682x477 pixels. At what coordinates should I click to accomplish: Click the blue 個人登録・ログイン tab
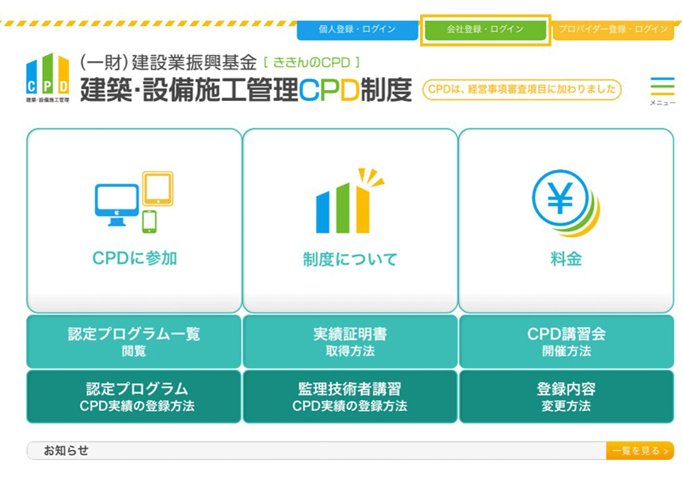(357, 29)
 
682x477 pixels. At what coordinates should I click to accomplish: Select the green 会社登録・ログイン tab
(485, 29)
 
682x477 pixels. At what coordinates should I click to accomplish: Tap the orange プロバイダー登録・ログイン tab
(613, 29)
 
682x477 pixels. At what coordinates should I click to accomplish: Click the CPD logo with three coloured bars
(48, 78)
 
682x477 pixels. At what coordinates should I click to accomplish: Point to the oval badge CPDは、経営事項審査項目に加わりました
(522, 89)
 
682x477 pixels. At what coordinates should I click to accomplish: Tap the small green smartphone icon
(149, 221)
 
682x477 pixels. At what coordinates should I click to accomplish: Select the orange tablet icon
(158, 189)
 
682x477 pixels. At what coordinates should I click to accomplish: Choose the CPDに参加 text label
(134, 258)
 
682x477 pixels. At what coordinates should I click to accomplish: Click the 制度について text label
(350, 260)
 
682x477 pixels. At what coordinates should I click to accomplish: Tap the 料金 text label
(566, 259)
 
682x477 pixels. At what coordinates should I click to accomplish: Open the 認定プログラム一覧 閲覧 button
(134, 341)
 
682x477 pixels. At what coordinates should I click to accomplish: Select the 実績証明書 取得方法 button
(350, 341)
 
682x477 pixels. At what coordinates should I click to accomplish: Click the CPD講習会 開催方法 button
(566, 341)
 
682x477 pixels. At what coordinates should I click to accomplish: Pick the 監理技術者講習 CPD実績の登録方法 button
(350, 396)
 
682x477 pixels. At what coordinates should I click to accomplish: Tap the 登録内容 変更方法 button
(566, 396)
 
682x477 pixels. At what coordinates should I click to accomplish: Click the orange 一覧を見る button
(640, 451)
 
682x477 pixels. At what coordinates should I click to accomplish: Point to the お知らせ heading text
(66, 450)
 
